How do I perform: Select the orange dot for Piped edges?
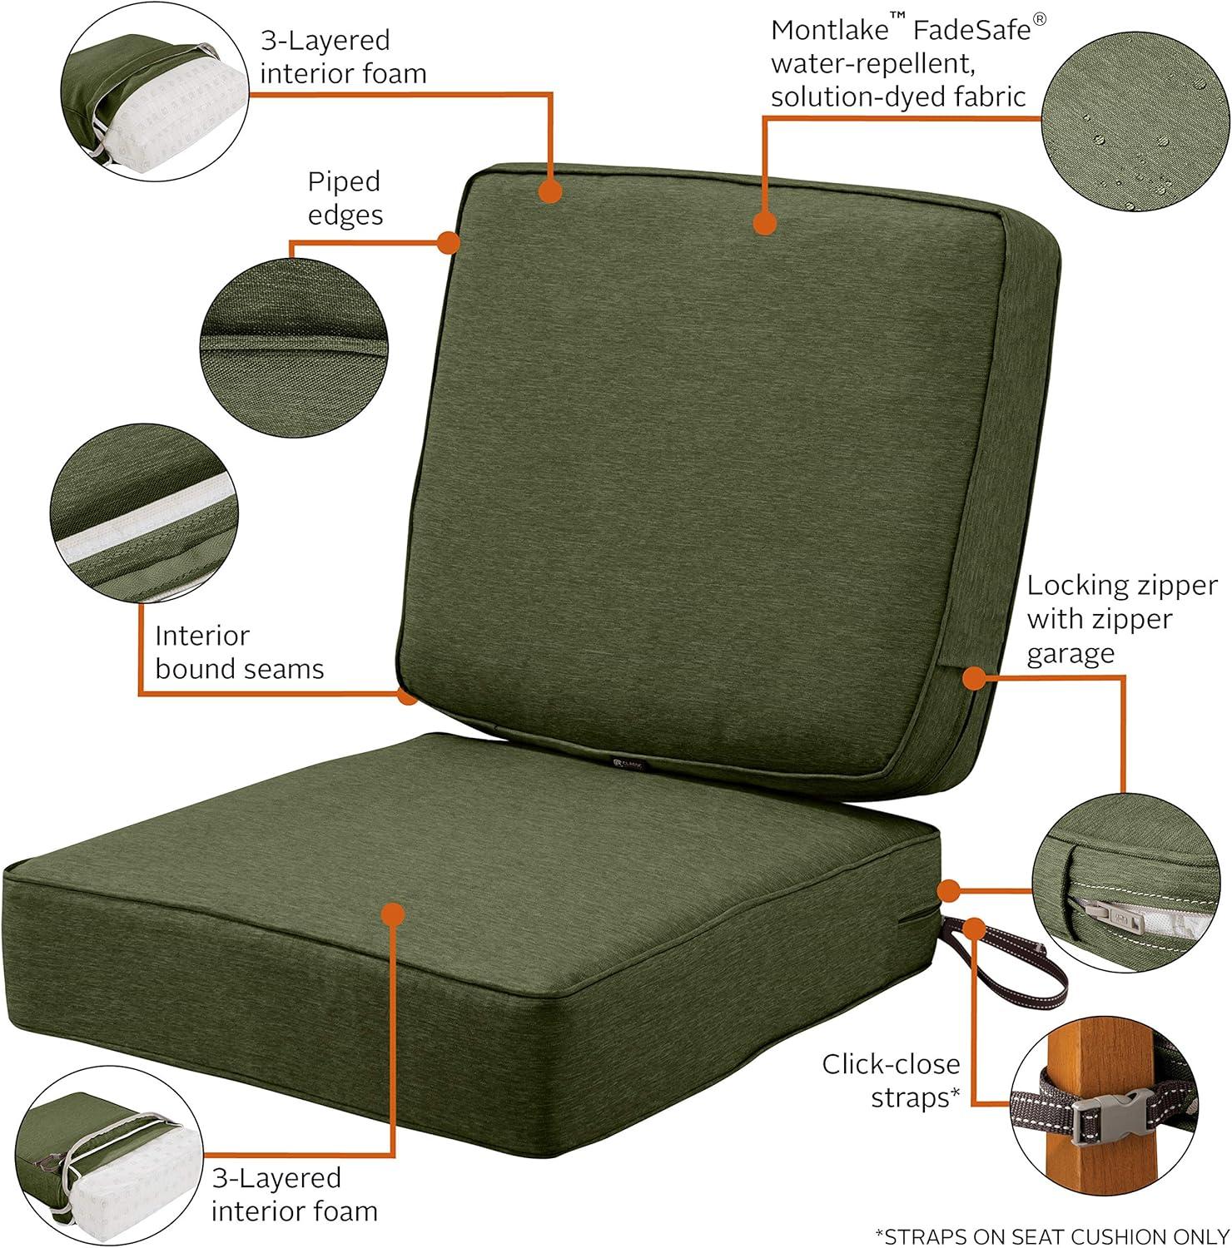(x=449, y=242)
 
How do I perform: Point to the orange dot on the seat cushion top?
(x=391, y=913)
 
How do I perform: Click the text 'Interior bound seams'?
(x=239, y=652)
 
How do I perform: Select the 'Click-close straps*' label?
(x=891, y=1080)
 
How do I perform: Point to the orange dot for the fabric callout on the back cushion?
(x=764, y=223)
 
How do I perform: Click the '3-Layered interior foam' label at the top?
(x=343, y=57)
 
